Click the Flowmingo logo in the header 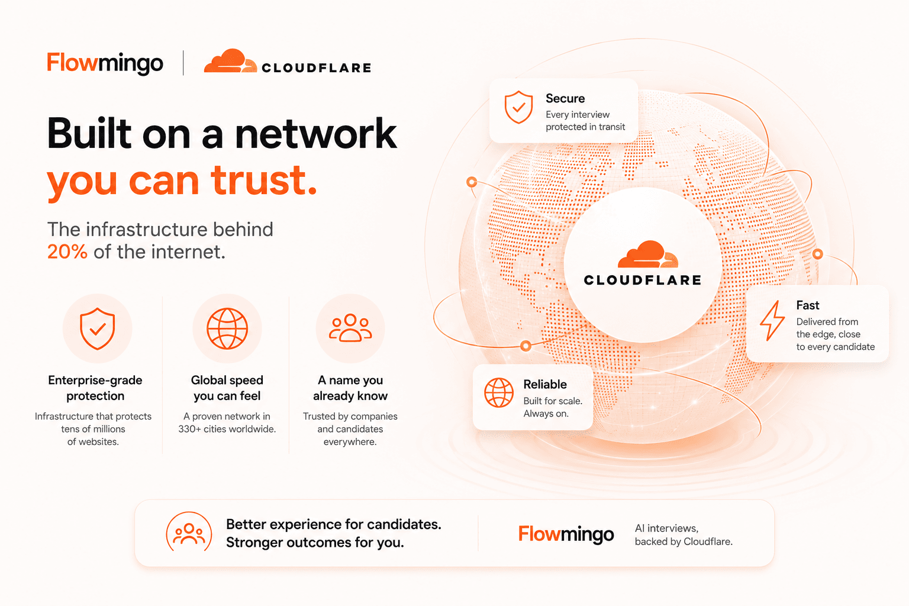(105, 63)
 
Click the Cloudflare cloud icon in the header (230, 61)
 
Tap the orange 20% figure (67, 252)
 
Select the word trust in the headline (263, 180)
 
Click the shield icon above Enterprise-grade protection (98, 328)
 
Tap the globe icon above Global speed (227, 328)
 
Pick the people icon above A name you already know (350, 327)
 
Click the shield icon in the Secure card (518, 107)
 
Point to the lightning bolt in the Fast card (772, 320)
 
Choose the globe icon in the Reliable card (499, 392)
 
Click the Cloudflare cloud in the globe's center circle (647, 254)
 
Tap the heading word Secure (565, 98)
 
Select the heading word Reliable (544, 384)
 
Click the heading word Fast (808, 305)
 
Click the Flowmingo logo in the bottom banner (566, 534)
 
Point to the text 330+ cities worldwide (227, 428)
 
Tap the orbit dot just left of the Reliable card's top (526, 346)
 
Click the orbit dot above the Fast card (818, 254)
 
